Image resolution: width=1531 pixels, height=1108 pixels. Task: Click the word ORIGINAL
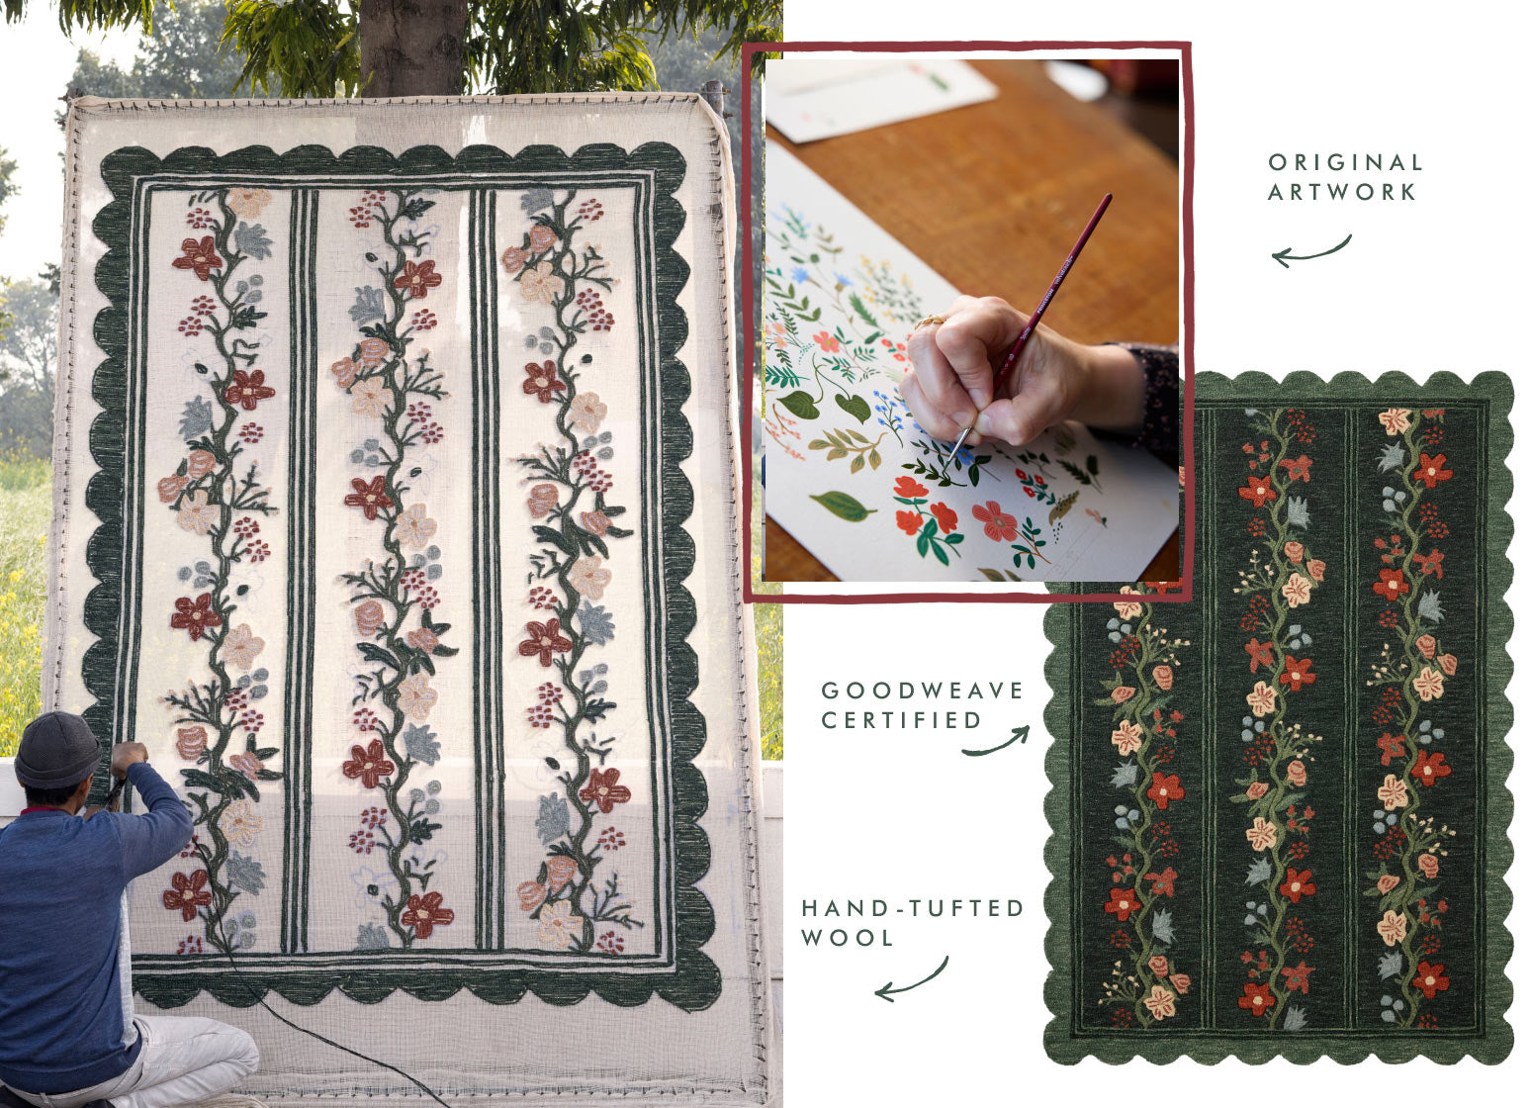1345,162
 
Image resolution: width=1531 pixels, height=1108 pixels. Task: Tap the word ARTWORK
1341,192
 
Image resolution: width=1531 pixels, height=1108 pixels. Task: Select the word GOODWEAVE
922,691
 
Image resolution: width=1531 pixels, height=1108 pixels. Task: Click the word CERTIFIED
902,720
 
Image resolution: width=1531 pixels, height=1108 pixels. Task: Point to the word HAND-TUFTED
913,908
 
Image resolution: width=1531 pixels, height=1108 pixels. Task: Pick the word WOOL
848,938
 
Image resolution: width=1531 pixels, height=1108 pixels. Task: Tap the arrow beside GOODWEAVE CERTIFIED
997,744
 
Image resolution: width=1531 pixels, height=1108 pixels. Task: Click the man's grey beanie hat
57,750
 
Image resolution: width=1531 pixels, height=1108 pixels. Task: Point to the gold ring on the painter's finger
929,321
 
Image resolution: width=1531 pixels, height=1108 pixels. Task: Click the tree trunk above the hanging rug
412,46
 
